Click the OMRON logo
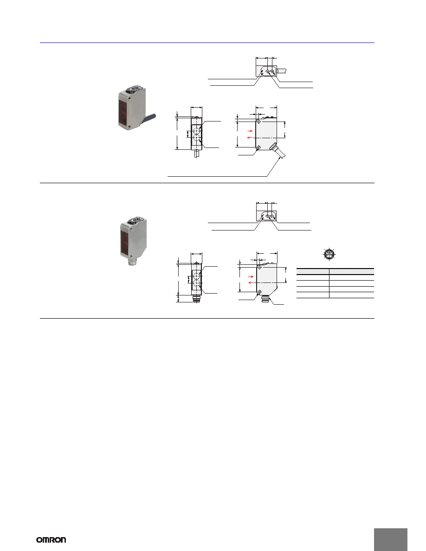(51, 540)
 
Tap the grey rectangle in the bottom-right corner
(391, 539)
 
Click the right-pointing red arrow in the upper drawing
(250, 131)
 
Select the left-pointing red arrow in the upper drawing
(250, 138)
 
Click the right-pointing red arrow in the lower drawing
(251, 276)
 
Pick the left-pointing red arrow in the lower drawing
(251, 282)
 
